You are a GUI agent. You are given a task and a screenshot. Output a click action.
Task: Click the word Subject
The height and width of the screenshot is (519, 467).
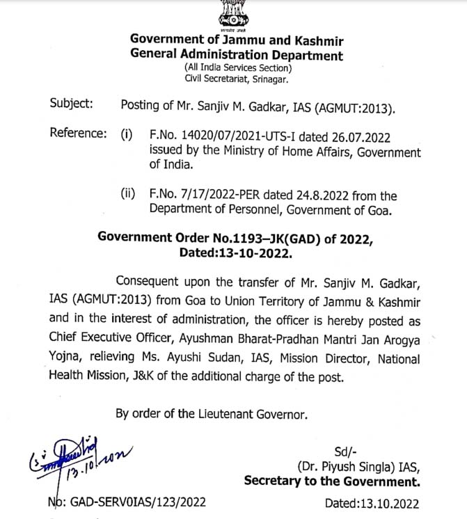pos(72,104)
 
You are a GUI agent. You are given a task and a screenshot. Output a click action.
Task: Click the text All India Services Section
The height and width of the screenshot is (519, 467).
pos(238,67)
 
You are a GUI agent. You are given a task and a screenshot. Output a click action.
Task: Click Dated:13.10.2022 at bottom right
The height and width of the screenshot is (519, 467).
pos(372,502)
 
